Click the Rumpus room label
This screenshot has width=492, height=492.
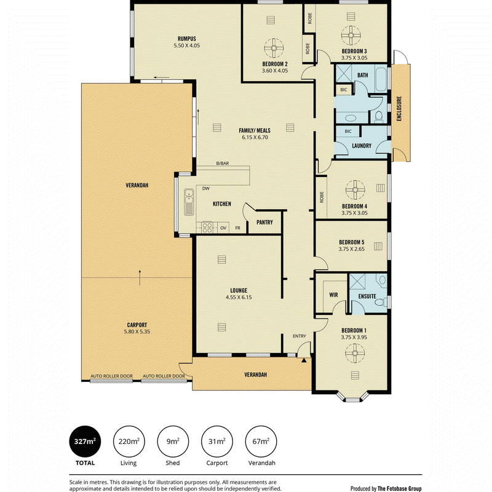(x=187, y=39)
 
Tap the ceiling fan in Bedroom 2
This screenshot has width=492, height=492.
(x=274, y=48)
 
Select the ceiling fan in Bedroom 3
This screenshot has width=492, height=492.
(x=351, y=36)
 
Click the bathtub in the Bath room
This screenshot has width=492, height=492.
(x=381, y=79)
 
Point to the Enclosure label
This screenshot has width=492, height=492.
(x=399, y=109)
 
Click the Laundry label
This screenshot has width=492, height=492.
(x=362, y=146)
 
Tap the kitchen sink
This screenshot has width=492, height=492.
(x=189, y=202)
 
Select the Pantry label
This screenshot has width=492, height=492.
(x=264, y=222)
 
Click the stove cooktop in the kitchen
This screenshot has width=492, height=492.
(x=207, y=227)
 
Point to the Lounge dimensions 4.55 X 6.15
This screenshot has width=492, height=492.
(x=239, y=297)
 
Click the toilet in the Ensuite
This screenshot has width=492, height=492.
(x=380, y=302)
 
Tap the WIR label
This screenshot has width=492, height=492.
(x=333, y=295)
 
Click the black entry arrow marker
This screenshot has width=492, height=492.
(x=304, y=360)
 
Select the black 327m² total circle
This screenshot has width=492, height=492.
(x=85, y=441)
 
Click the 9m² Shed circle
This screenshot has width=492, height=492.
(x=173, y=441)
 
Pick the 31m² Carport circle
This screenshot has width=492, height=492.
(x=217, y=441)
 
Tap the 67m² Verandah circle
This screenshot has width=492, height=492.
(x=261, y=441)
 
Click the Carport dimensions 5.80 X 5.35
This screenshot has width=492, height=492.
(x=137, y=331)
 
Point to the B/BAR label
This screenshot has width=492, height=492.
(x=223, y=163)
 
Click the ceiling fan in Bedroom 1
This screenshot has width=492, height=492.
(x=355, y=353)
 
